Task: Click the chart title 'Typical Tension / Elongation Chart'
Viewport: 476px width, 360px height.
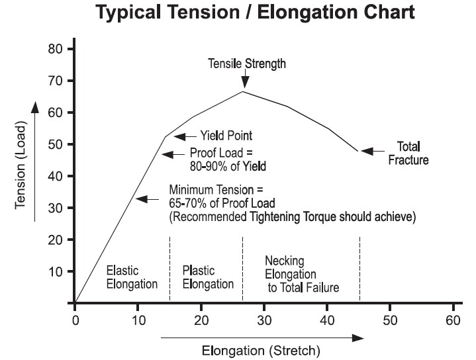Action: pyautogui.click(x=255, y=12)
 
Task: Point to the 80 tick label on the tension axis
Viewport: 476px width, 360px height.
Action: pyautogui.click(x=55, y=48)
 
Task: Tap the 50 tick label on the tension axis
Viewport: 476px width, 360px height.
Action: pyautogui.click(x=55, y=144)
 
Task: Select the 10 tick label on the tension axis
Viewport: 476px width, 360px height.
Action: pyautogui.click(x=55, y=271)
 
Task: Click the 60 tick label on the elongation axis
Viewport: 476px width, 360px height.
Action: pyautogui.click(x=453, y=320)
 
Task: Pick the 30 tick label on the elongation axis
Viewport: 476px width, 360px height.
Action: pyautogui.click(x=264, y=320)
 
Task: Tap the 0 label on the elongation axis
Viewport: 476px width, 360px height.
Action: pyautogui.click(x=75, y=320)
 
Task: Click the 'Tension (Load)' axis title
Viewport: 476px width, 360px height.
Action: pyautogui.click(x=21, y=165)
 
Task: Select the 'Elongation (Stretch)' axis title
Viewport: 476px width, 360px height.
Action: pyautogui.click(x=261, y=351)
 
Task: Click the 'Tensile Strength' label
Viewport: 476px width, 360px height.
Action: pyautogui.click(x=247, y=64)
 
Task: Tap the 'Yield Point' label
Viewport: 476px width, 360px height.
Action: pyautogui.click(x=226, y=136)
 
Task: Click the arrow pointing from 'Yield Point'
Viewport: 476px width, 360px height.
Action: pyautogui.click(x=185, y=136)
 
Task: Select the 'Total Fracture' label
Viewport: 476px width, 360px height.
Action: pyautogui.click(x=408, y=154)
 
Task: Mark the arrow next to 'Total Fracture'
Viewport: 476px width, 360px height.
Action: pyautogui.click(x=373, y=151)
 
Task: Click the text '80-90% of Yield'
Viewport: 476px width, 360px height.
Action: pyautogui.click(x=228, y=166)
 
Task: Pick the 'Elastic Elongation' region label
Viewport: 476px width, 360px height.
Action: pyautogui.click(x=132, y=277)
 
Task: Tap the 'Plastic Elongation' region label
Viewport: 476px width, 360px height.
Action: pyautogui.click(x=208, y=277)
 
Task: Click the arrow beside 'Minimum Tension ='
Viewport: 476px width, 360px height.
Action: pyautogui.click(x=147, y=199)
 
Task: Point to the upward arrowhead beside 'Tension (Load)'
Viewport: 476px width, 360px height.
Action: pyautogui.click(x=35, y=107)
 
